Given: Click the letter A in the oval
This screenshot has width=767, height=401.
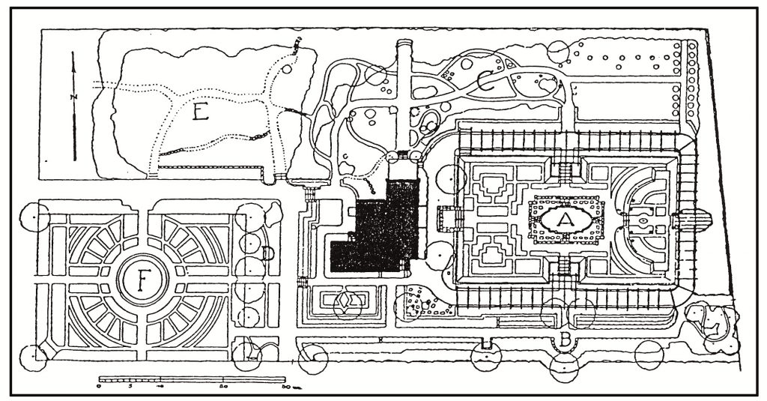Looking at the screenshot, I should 567,219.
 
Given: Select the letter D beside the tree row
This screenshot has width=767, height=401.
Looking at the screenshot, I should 267,253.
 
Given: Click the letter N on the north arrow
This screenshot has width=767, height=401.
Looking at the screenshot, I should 73,97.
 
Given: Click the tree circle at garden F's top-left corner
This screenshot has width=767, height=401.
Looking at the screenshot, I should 34,216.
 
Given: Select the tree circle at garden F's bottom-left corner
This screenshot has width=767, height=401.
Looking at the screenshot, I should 34,357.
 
